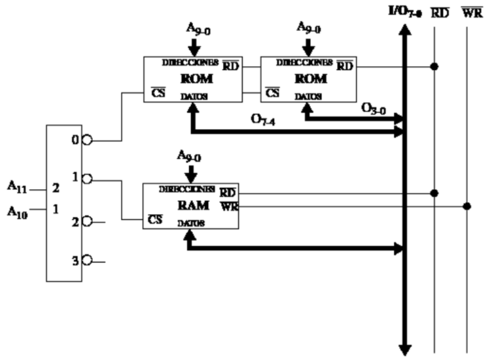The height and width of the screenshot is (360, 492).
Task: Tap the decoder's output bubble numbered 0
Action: tap(86, 140)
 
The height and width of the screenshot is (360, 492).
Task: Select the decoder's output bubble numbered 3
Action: tap(86, 261)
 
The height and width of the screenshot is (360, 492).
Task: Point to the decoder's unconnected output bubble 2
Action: tap(86, 223)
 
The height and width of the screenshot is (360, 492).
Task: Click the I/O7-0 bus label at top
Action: tap(404, 10)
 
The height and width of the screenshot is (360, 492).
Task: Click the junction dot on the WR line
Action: tap(466, 206)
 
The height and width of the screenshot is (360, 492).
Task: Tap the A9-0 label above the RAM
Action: tap(190, 155)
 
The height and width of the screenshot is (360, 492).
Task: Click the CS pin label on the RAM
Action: tap(155, 220)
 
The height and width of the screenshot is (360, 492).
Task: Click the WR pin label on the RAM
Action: tap(228, 206)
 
